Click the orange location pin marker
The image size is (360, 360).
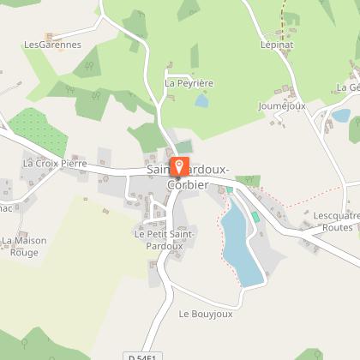click(x=179, y=165)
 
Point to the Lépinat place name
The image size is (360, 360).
click(x=276, y=43)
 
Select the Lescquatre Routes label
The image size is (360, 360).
click(x=333, y=222)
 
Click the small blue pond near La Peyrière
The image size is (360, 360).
click(x=201, y=101)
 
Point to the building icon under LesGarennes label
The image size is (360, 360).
click(x=50, y=35)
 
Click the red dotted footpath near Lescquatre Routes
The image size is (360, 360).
click(x=300, y=205)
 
